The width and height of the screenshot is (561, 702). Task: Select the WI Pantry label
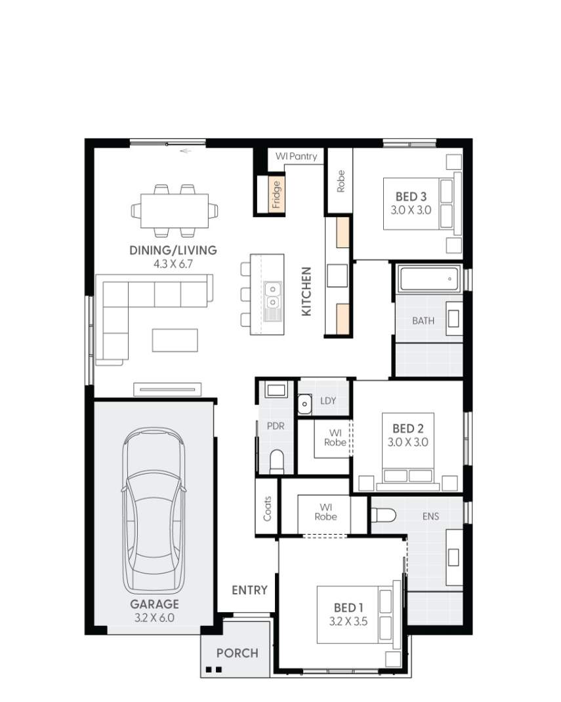tap(296, 157)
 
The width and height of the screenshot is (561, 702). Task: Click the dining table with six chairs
tap(174, 210)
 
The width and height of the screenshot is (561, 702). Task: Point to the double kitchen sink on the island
tap(272, 295)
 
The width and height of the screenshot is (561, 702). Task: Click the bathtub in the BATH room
tap(427, 279)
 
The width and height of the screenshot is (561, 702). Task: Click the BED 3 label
tap(411, 196)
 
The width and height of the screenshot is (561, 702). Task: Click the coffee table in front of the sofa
tap(174, 340)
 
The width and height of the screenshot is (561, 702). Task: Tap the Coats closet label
tap(267, 508)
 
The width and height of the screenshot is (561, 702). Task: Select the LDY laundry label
tap(328, 400)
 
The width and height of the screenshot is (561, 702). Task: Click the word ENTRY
tap(249, 590)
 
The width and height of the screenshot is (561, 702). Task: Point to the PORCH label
tap(237, 653)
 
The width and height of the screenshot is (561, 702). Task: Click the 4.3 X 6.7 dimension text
tap(173, 264)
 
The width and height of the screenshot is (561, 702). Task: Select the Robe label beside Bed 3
tap(341, 181)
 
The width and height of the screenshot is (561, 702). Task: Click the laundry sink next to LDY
tap(304, 404)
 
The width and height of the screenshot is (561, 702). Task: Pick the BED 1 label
tap(348, 608)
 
